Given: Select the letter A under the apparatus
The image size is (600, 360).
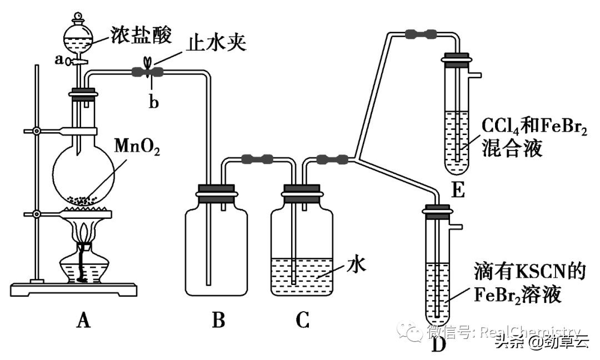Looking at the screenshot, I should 84,320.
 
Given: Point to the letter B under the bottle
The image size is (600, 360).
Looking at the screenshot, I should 218,320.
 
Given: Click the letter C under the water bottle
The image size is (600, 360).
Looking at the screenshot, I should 302,320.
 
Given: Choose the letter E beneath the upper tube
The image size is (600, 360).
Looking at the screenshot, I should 458,190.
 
